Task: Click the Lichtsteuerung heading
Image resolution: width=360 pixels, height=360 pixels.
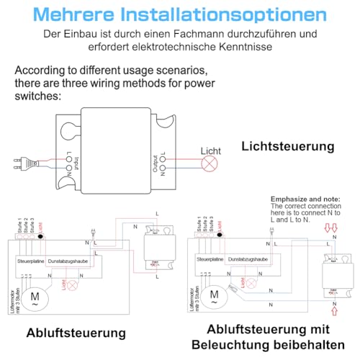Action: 288,146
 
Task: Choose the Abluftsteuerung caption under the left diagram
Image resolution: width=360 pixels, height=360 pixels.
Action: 76,333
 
